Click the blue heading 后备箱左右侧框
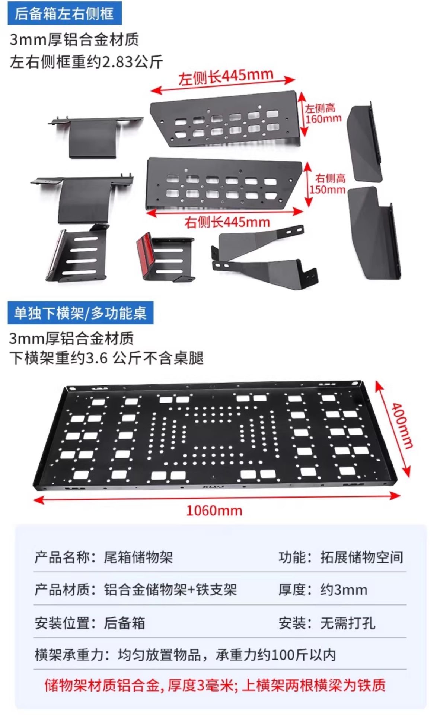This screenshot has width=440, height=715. click(64, 14)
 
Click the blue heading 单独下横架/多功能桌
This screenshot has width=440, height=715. click(80, 313)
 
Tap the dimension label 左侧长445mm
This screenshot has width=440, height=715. click(225, 77)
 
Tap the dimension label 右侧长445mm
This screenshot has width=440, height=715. click(227, 222)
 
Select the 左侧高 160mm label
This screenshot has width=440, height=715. click(323, 114)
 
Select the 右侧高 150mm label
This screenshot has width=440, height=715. click(328, 184)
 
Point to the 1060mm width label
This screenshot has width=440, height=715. click(214, 510)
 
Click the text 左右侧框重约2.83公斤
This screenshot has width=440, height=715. click(86, 62)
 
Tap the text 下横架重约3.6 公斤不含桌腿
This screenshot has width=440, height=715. click(106, 358)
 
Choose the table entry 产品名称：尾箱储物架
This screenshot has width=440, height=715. click(103, 557)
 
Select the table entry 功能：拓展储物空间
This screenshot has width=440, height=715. click(341, 557)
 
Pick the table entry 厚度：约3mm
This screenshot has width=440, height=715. click(323, 590)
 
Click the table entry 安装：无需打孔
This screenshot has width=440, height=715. click(327, 623)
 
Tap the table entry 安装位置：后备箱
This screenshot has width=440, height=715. click(90, 623)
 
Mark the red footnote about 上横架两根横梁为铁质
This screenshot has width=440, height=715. click(215, 684)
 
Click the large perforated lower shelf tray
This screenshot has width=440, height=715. click(216, 436)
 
